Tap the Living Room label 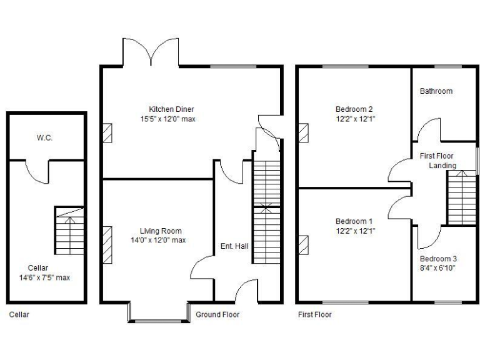pos(158,231)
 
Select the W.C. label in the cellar pos(44,137)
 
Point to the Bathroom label pos(436,91)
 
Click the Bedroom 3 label pos(438,259)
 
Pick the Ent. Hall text pos(234,246)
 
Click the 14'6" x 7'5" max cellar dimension pos(45,277)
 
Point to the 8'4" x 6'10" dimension pos(438,268)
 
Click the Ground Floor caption pos(217,314)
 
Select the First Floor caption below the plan pos(314,314)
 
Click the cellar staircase pos(69,230)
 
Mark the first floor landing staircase pos(462,198)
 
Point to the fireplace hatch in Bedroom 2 pos(304,132)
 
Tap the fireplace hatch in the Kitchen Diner pos(107,132)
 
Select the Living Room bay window pos(158,312)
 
